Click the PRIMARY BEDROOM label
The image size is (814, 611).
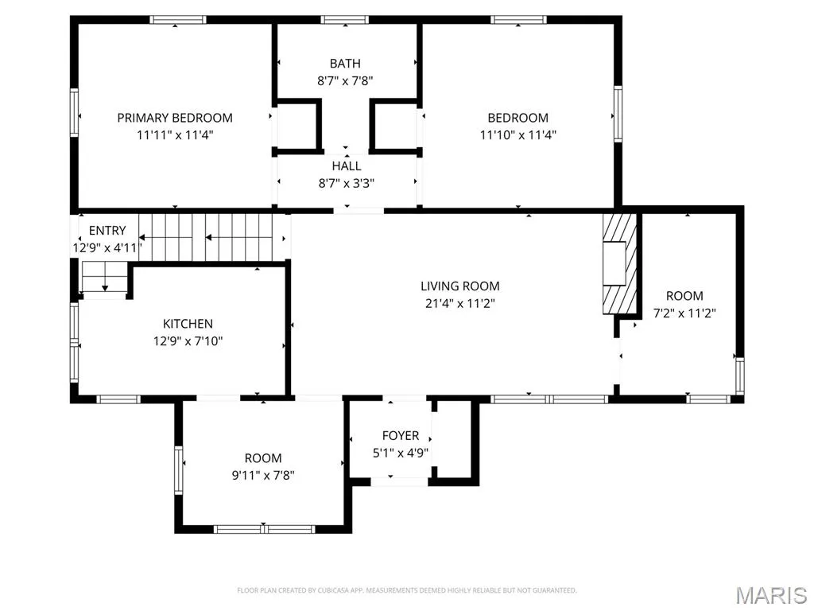[175, 118]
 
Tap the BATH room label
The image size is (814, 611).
[345, 64]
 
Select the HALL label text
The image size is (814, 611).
[347, 166]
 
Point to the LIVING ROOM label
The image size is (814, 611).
[460, 286]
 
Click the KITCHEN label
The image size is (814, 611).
[188, 325]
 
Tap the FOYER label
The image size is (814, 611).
[401, 436]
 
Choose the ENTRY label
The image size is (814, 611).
[107, 231]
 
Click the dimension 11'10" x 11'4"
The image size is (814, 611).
[518, 135]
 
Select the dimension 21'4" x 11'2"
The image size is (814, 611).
[460, 303]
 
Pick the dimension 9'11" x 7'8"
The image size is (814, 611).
[263, 476]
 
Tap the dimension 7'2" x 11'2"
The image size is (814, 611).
[684, 313]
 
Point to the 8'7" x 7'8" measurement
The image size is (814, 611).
[345, 81]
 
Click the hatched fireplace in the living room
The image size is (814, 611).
[619, 264]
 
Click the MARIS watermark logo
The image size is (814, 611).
[771, 595]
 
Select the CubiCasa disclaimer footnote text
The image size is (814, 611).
[407, 590]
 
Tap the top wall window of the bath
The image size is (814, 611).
[345, 20]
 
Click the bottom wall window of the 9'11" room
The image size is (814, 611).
[264, 529]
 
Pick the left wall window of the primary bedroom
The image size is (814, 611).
[74, 113]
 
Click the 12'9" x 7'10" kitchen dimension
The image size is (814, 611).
[188, 341]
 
